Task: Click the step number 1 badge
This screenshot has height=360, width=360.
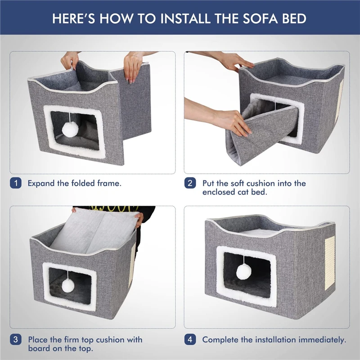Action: pyautogui.click(x=15, y=183)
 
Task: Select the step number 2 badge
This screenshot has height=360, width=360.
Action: pyautogui.click(x=190, y=183)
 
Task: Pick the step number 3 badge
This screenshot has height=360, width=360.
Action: pyautogui.click(x=15, y=339)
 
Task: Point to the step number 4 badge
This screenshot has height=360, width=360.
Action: pyautogui.click(x=190, y=339)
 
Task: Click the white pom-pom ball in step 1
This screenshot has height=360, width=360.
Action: pyautogui.click(x=71, y=130)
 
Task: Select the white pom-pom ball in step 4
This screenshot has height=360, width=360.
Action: pyautogui.click(x=243, y=271)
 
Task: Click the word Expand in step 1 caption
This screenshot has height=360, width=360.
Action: pyautogui.click(x=41, y=184)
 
